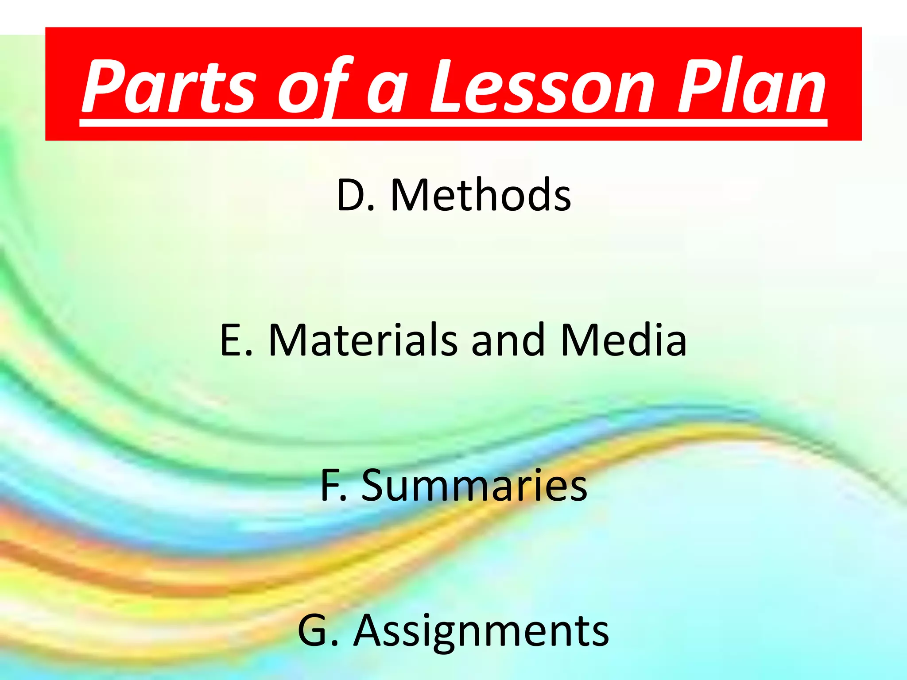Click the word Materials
click(363, 340)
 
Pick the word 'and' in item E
click(508, 340)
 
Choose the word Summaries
click(474, 485)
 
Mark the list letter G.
click(313, 630)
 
